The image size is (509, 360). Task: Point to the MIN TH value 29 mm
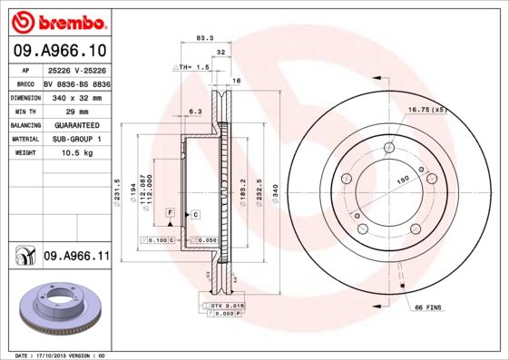click(x=76, y=111)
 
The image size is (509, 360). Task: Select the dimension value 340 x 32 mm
click(x=76, y=96)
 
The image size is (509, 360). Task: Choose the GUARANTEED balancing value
click(x=76, y=124)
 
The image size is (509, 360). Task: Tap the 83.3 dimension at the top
click(x=205, y=38)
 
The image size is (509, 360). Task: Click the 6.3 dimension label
click(x=193, y=111)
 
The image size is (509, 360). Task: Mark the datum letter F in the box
click(x=170, y=211)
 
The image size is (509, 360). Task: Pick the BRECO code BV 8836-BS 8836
click(x=76, y=83)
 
